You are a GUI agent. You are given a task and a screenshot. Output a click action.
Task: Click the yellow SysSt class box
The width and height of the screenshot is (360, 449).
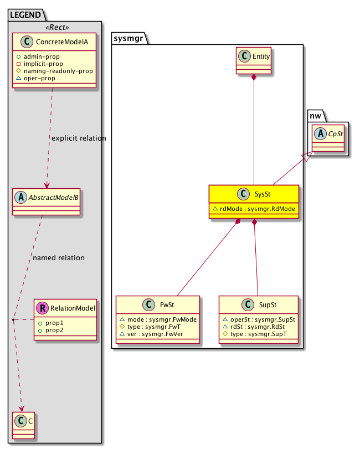tap(254, 202)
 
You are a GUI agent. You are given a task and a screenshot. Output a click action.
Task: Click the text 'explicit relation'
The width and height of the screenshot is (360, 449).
tap(78, 138)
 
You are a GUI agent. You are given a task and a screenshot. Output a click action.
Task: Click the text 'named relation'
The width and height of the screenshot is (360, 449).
tap(59, 257)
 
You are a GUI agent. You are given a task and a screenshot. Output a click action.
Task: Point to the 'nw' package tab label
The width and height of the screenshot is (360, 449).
tap(315, 115)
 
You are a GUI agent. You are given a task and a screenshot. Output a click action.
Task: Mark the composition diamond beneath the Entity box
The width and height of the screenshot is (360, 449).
tap(253, 78)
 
